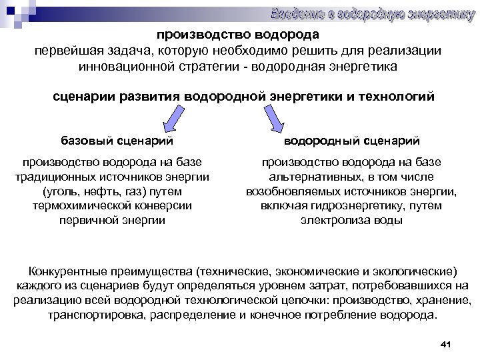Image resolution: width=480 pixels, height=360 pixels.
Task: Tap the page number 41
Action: coord(447,344)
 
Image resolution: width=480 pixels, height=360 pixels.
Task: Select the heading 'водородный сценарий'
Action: coord(351,141)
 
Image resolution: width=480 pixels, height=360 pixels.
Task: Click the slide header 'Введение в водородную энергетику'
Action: coord(372,13)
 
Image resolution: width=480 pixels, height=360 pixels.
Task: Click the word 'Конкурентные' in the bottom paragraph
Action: coord(63,272)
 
